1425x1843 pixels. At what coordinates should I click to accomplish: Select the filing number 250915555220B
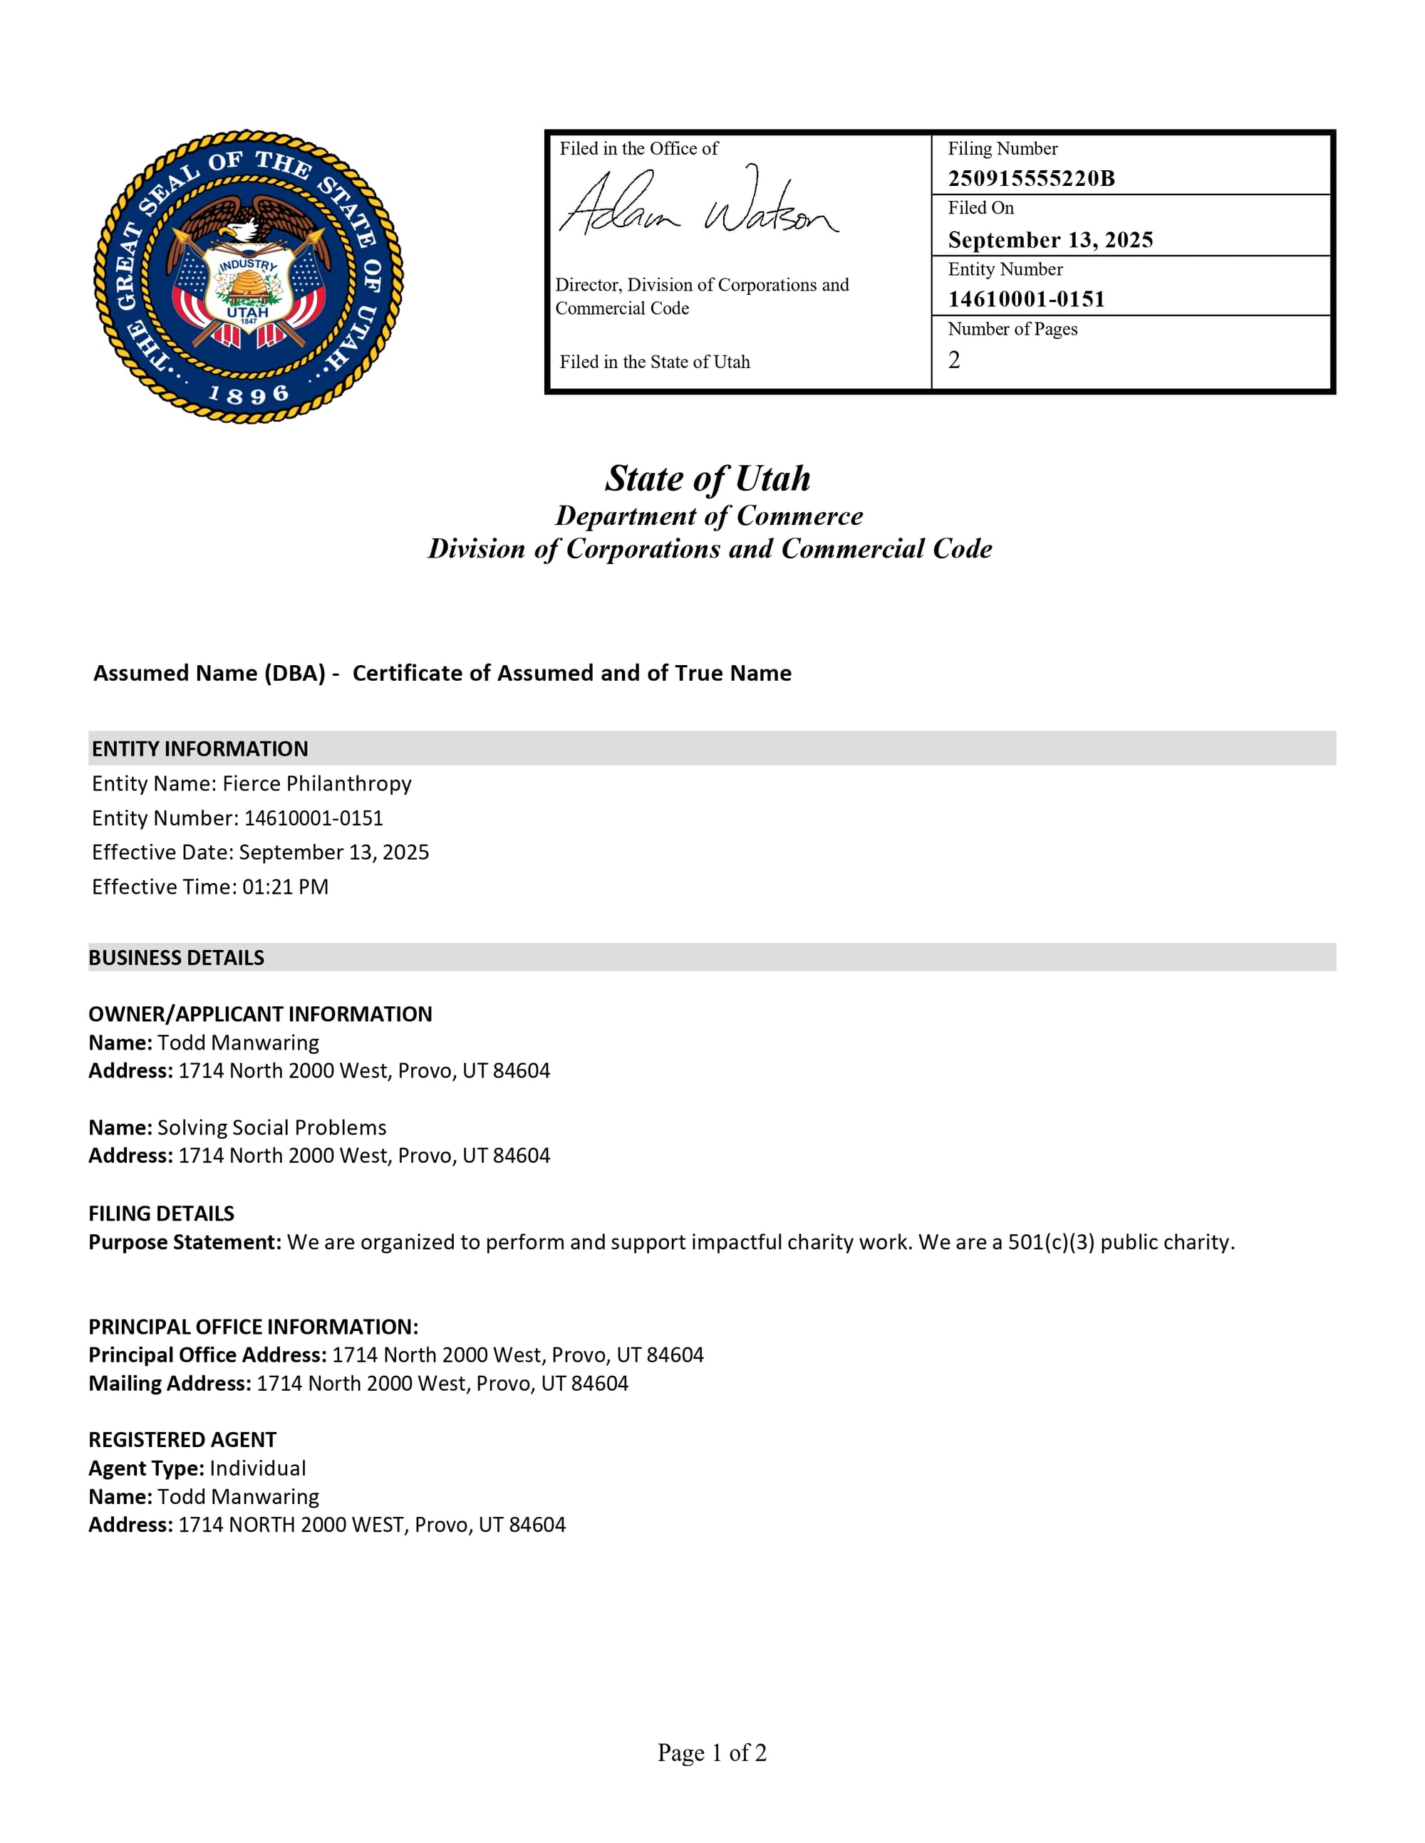(x=1031, y=178)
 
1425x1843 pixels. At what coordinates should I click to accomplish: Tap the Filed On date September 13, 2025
(x=1050, y=240)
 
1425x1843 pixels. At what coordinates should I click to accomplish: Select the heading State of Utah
(x=708, y=479)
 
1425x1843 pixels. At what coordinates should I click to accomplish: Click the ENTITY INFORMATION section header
(x=200, y=748)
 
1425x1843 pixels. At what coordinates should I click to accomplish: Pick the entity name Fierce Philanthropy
(x=316, y=783)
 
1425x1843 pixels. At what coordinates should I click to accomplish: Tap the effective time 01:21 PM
(x=285, y=887)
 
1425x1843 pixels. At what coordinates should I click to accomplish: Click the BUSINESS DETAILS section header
(x=177, y=958)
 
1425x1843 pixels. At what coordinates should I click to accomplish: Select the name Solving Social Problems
(x=272, y=1127)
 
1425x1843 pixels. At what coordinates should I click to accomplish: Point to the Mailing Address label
(x=170, y=1383)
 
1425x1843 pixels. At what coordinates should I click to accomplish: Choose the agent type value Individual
(x=257, y=1468)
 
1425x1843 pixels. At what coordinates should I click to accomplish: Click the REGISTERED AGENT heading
(x=182, y=1440)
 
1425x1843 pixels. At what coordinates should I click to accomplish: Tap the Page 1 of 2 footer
(x=712, y=1753)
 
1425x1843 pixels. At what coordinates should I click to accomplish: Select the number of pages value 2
(x=954, y=360)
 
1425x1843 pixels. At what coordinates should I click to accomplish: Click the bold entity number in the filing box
(x=1026, y=298)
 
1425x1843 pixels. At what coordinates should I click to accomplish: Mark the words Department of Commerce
(x=709, y=516)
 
